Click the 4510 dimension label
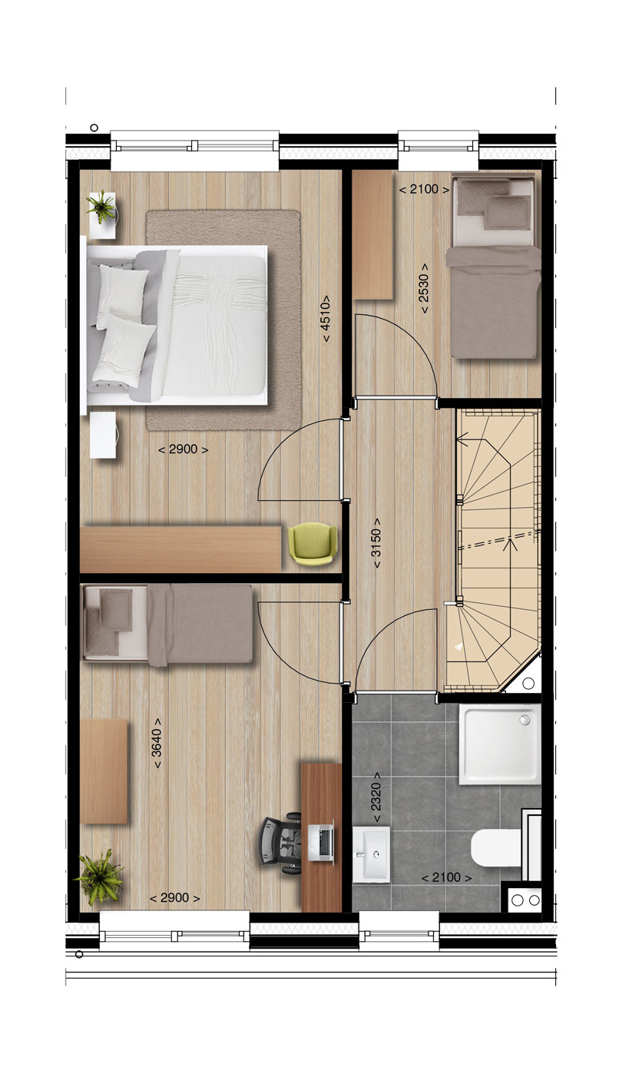[326, 319]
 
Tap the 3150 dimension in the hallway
[376, 543]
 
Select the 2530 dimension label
[425, 288]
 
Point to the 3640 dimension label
[157, 744]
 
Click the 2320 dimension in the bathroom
[376, 797]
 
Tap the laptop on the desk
[321, 843]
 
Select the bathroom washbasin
[371, 854]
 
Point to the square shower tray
[500, 744]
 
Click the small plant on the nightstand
[101, 207]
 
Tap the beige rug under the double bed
[223, 320]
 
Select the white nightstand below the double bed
[103, 435]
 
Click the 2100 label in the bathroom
[446, 877]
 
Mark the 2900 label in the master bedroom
[183, 449]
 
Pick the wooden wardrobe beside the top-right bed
[373, 235]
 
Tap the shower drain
[525, 719]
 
